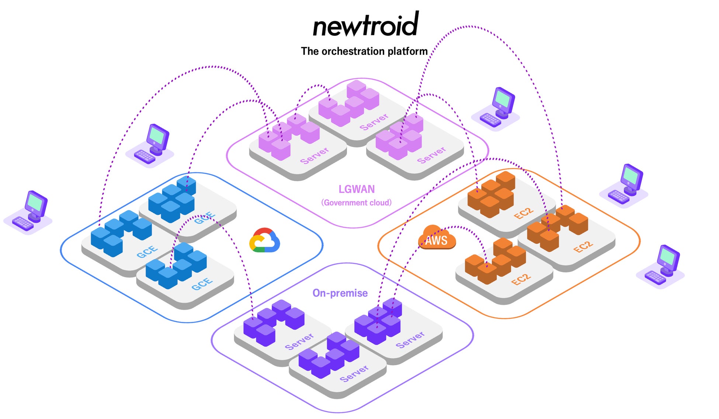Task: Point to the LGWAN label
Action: [357, 189]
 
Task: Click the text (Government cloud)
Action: [356, 203]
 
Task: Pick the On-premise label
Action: [340, 293]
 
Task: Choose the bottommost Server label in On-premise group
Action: [354, 374]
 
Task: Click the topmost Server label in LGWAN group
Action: [374, 122]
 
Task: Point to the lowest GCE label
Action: [202, 284]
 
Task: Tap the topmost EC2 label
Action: [524, 213]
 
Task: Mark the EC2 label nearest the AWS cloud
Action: [521, 279]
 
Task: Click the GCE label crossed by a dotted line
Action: [205, 218]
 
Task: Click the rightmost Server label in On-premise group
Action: [410, 339]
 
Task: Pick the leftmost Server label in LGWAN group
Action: [315, 155]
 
